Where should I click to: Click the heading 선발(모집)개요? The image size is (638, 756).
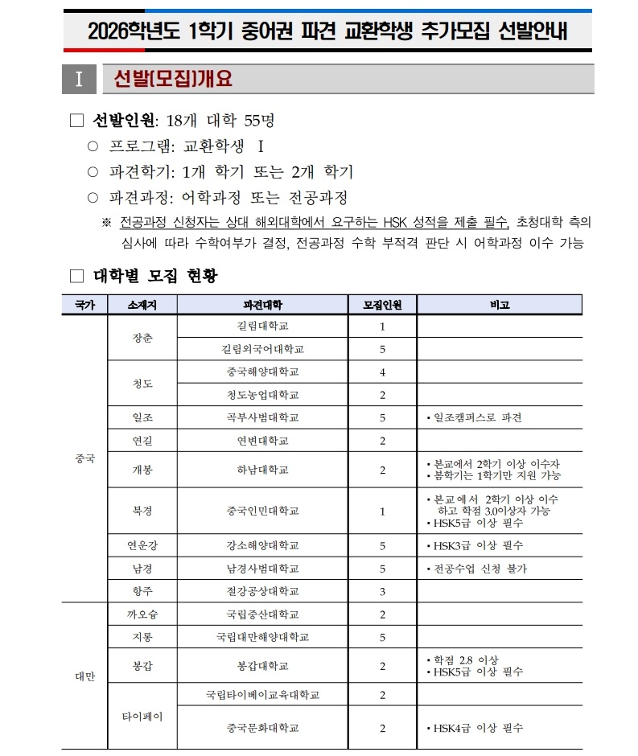[x=174, y=79]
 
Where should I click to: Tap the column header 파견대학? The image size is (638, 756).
[x=262, y=305]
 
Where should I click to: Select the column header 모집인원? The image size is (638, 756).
[x=382, y=305]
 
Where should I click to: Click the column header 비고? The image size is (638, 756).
[x=499, y=305]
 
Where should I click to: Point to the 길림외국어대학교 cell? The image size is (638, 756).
[x=262, y=349]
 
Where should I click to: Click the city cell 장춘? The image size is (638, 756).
[x=142, y=338]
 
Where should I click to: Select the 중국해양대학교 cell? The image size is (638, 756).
[x=262, y=372]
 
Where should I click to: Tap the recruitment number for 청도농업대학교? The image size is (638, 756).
[x=382, y=395]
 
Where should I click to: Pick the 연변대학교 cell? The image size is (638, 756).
[x=262, y=441]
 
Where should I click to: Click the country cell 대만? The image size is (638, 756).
[x=84, y=676]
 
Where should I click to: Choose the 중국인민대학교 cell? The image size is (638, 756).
[x=262, y=511]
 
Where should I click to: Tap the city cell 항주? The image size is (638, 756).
[x=142, y=591]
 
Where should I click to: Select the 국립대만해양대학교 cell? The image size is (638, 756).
[x=262, y=637]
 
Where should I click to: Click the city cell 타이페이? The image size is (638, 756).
[x=142, y=717]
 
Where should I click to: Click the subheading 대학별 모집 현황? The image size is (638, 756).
[x=155, y=276]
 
